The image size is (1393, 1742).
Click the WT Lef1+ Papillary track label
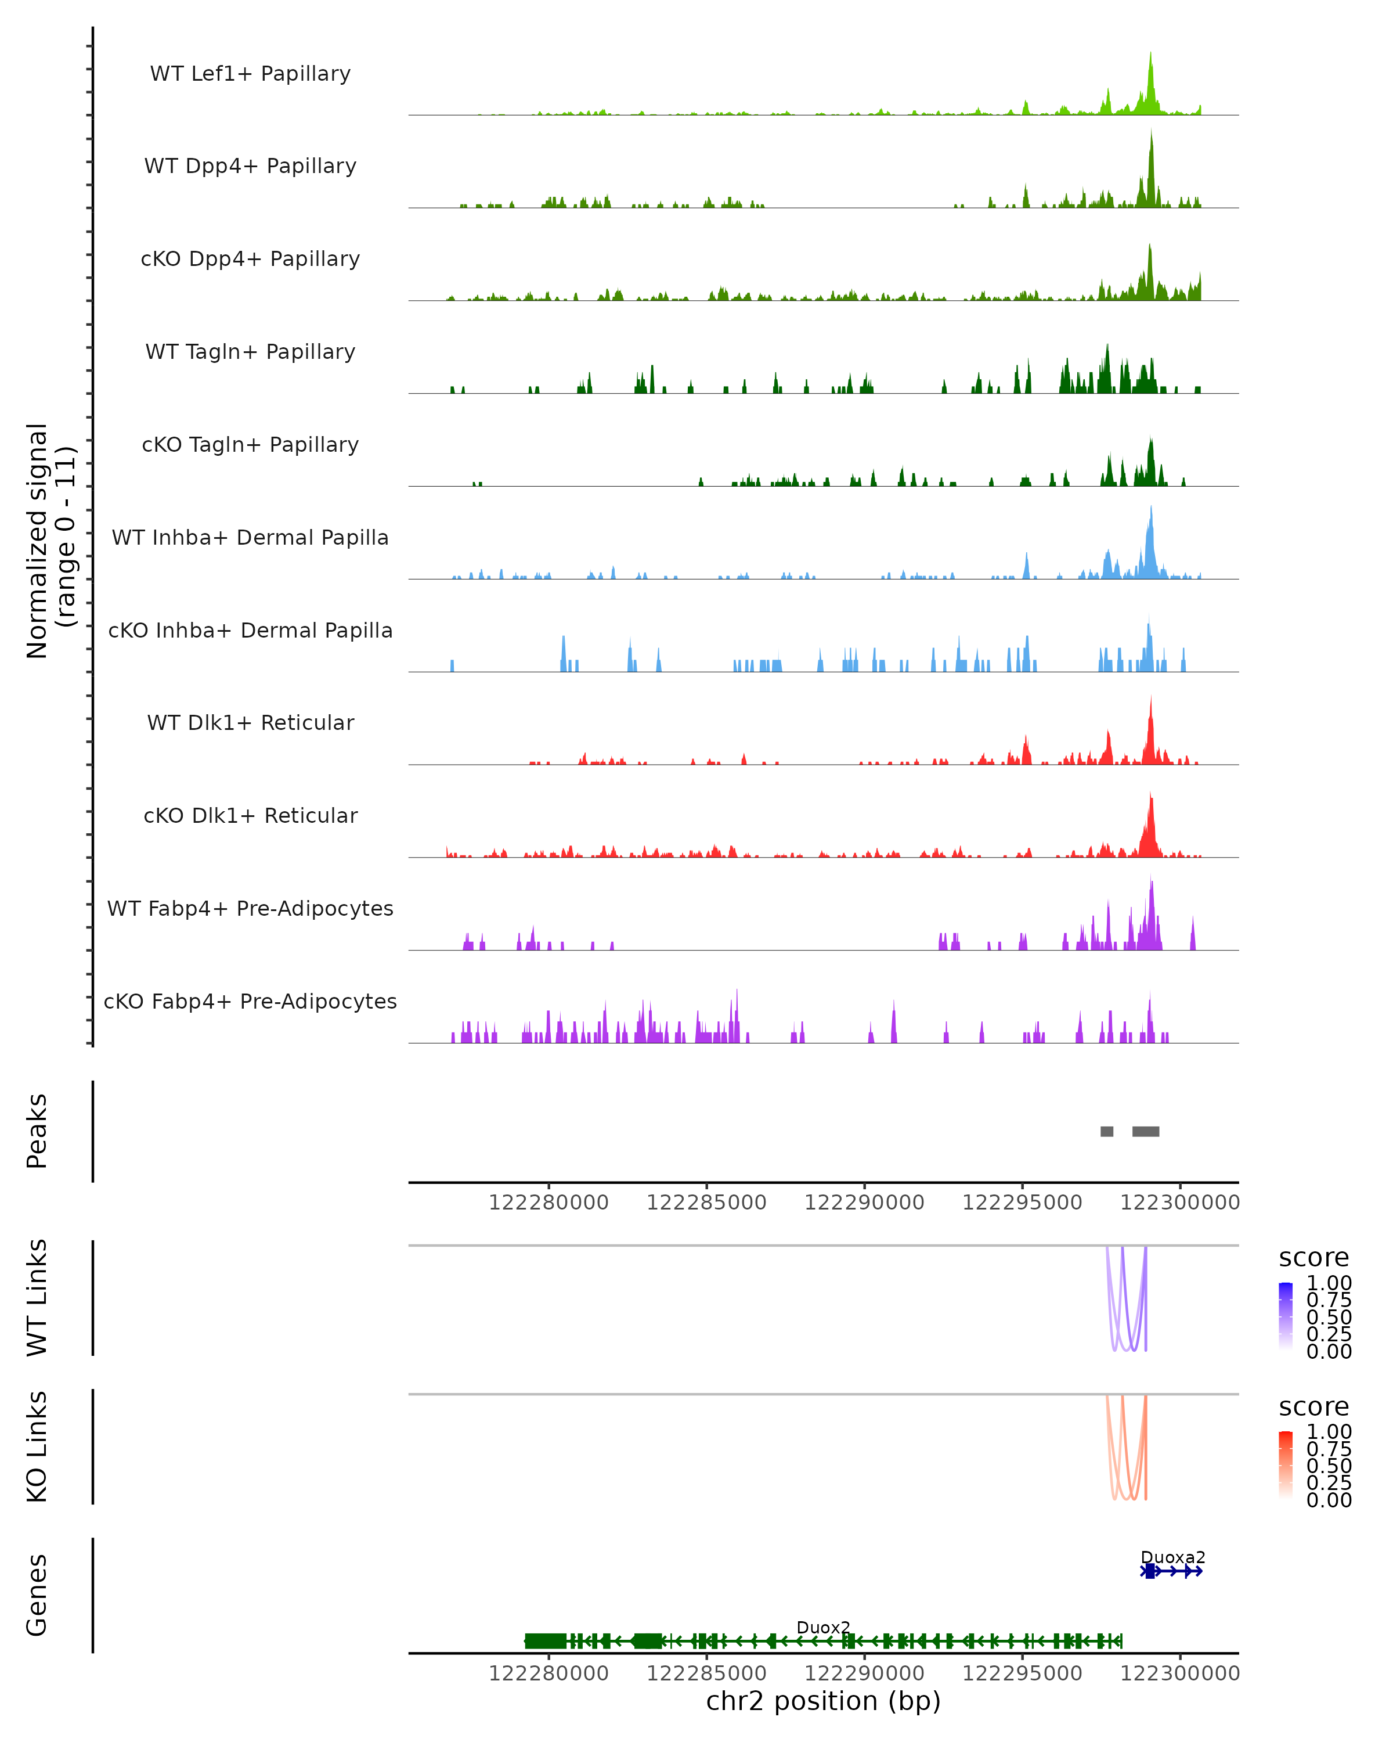tap(250, 74)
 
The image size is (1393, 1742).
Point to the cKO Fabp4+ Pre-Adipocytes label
tap(250, 1001)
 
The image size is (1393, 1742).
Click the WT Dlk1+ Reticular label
tap(250, 722)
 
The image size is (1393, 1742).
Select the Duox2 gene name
tap(823, 1627)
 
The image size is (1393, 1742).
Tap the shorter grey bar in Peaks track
tap(1106, 1131)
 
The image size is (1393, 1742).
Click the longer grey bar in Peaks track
tap(1145, 1131)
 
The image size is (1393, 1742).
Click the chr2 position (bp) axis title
tap(823, 1701)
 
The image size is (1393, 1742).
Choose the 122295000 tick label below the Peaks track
tap(1022, 1203)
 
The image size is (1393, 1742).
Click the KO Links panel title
tap(37, 1446)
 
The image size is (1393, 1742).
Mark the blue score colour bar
tap(1286, 1316)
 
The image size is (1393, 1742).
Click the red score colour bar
tap(1286, 1465)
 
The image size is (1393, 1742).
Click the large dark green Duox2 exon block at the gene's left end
tap(545, 1641)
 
